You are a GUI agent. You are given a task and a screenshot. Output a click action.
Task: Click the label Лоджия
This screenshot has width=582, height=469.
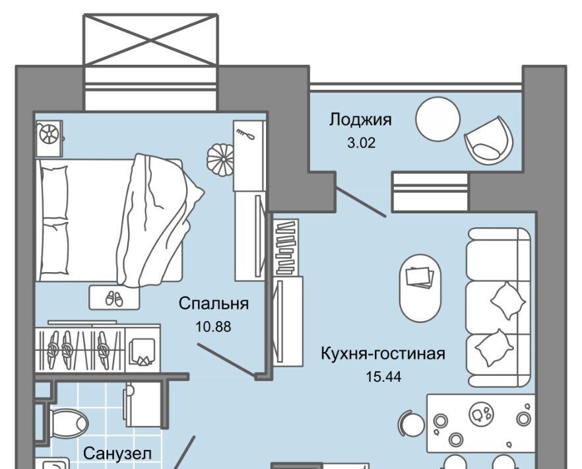[x=360, y=120]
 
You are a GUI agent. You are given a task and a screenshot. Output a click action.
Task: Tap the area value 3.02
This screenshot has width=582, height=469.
[x=361, y=142]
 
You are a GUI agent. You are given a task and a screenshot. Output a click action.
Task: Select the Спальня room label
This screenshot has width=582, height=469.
[x=214, y=304]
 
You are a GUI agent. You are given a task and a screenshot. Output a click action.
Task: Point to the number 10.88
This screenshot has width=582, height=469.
[x=213, y=326]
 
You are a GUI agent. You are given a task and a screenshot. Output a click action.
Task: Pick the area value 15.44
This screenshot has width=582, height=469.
[x=383, y=377]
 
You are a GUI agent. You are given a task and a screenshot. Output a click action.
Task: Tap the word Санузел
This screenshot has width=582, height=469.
[x=117, y=454]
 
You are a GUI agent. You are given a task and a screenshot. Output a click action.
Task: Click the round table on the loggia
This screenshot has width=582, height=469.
[x=437, y=119]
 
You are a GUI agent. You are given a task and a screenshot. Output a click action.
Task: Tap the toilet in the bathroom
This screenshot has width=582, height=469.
[x=68, y=421]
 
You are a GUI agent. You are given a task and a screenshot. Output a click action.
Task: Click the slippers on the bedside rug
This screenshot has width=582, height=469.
[x=114, y=299]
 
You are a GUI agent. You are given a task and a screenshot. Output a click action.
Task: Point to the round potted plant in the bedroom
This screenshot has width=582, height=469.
[x=220, y=159]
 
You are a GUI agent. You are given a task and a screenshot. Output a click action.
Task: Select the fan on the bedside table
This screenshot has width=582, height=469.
[x=49, y=135]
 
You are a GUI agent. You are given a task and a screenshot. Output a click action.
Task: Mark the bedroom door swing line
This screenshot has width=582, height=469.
[x=226, y=359]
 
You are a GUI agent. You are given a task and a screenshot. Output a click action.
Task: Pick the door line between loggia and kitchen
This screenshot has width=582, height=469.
[x=360, y=202]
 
